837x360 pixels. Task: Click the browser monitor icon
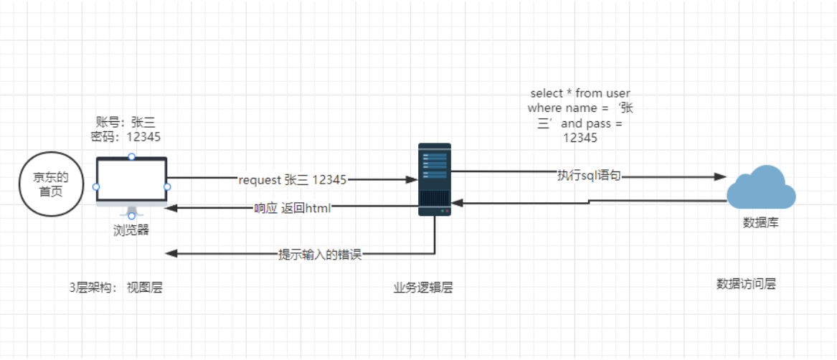click(131, 183)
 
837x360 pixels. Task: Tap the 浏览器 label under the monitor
click(131, 230)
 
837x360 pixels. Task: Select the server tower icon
click(435, 179)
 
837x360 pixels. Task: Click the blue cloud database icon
click(760, 187)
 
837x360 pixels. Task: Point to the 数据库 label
click(761, 223)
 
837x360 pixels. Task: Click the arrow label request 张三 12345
click(293, 180)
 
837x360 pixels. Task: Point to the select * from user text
click(580, 93)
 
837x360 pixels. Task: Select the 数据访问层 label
click(746, 283)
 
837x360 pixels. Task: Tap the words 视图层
click(145, 288)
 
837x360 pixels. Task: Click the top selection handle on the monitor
click(131, 156)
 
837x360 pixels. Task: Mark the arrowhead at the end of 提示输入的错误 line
click(169, 254)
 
